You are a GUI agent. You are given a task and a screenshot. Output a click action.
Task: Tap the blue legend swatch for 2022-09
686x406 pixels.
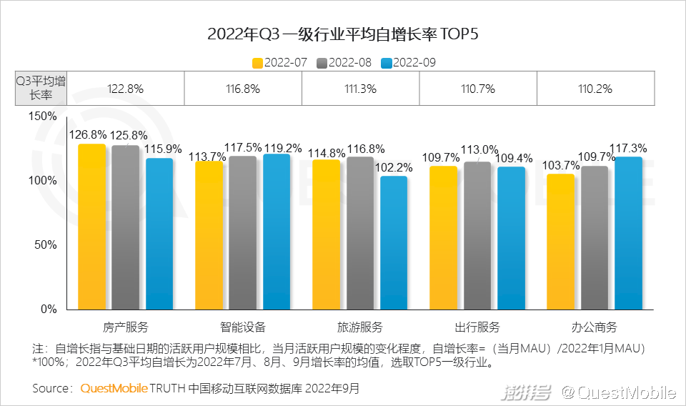(x=387, y=63)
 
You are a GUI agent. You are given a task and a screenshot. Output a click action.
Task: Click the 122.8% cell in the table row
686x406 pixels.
(x=126, y=89)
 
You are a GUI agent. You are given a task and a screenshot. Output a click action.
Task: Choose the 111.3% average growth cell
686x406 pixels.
(x=360, y=89)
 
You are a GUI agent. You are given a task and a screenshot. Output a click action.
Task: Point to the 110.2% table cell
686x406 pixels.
(x=595, y=89)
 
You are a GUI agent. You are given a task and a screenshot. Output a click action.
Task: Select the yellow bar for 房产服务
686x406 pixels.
(x=91, y=227)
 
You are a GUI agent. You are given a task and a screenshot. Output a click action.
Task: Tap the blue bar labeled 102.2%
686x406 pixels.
(x=394, y=243)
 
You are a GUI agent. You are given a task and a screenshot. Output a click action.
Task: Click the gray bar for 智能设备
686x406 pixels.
(x=243, y=233)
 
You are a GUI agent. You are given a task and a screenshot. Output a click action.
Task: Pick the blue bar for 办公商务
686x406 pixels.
(x=628, y=233)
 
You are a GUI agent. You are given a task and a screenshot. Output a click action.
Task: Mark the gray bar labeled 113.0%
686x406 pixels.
(x=477, y=236)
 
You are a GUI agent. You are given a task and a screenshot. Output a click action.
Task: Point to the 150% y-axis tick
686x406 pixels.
(x=42, y=116)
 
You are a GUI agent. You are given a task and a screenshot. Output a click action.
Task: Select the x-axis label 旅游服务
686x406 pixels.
(x=360, y=327)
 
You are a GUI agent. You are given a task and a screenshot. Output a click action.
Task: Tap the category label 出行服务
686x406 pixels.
(x=477, y=327)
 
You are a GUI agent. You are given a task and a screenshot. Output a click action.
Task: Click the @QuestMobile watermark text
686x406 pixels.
(x=617, y=392)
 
